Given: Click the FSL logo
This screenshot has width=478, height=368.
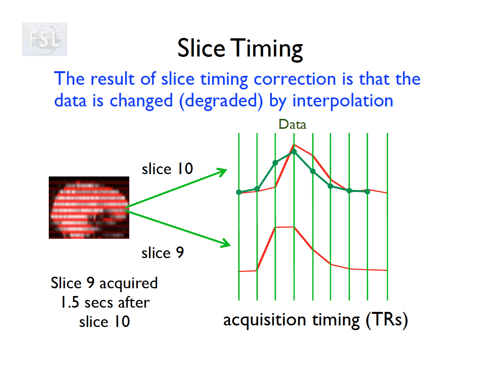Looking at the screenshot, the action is pos(45,39).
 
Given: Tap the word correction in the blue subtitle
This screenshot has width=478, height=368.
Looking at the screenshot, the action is pos(295,79).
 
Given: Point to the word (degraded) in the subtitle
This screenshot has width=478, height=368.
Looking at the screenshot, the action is pos(221,101).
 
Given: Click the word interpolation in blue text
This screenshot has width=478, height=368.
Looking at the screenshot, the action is pos(343,101).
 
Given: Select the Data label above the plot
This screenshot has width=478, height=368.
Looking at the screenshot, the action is pos(292,125).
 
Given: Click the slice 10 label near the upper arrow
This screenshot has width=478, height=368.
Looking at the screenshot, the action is pos(168,169).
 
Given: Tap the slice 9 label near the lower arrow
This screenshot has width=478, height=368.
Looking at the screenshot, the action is pos(163,253).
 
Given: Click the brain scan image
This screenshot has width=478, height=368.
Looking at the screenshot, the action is pos(89,207).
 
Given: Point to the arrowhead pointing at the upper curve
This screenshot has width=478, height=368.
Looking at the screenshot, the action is pos(223,172).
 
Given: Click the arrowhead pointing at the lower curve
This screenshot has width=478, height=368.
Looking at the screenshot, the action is pos(226,243).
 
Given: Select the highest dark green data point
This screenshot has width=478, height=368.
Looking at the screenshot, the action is pos(294,151).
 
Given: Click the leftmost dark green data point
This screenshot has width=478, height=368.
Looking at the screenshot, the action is pos(239,192).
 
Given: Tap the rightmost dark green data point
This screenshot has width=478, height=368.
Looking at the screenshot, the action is pos(367,192).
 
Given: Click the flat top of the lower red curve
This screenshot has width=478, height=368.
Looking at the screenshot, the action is pos(284,227).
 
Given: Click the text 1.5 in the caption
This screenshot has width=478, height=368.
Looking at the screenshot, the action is pos(70,302).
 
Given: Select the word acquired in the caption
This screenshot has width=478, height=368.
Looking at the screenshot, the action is pos(128,284).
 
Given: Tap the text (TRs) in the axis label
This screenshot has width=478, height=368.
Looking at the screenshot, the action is pos(387,320).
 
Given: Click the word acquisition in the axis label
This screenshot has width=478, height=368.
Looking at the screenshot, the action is pos(265,320).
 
